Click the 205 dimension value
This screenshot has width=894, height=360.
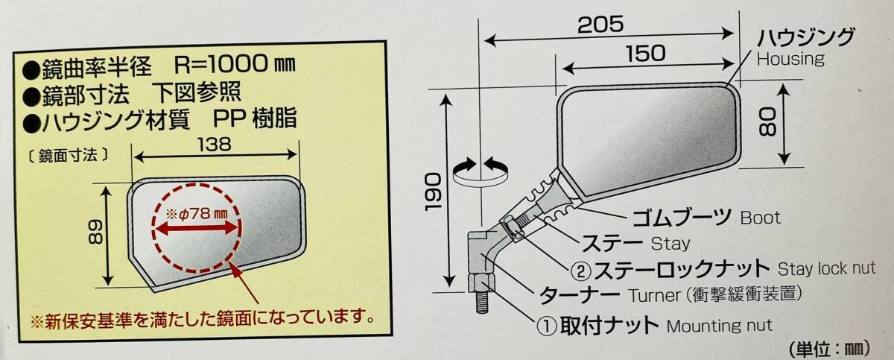tap(600, 25)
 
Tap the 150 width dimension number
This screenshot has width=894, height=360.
tap(645, 54)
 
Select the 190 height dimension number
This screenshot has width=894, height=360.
tap(433, 192)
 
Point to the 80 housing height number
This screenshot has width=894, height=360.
tap(767, 123)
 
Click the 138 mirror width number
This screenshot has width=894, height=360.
tap(215, 144)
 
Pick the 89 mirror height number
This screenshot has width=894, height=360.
tap(96, 233)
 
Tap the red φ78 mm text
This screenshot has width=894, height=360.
tap(197, 215)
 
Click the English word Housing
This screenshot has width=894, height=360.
tap(790, 60)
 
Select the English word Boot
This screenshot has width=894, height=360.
tap(761, 218)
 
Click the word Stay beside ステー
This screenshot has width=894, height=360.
tap(670, 244)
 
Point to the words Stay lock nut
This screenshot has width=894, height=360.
tap(826, 268)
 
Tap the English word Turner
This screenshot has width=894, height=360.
tap(655, 295)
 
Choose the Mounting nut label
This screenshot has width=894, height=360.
tap(719, 326)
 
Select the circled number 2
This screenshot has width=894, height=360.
tap(580, 271)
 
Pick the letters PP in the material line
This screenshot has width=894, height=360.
tap(229, 119)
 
